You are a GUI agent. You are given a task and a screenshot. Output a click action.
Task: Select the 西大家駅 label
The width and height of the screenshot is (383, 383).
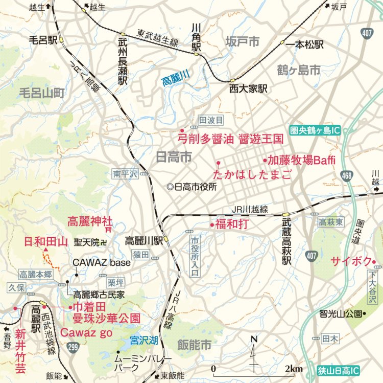pos(248,88)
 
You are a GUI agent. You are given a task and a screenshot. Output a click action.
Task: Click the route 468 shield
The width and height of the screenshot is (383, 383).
pos(348,176)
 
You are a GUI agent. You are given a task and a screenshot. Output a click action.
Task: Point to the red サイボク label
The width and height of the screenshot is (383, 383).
pos(351,261)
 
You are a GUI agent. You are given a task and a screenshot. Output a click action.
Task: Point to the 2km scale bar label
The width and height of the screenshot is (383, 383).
pos(294,369)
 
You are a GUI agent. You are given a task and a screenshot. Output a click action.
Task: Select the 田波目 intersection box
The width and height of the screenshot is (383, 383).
pos(211,120)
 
